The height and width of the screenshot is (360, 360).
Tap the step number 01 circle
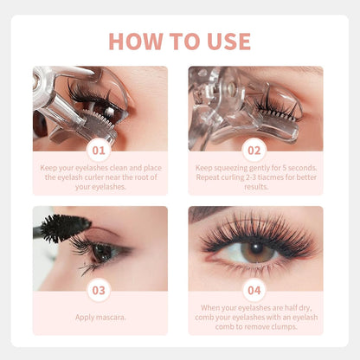(100, 151)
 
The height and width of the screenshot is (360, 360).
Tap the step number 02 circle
(255, 151)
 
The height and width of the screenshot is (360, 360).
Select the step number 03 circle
(100, 291)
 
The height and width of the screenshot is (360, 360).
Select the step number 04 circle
(255, 291)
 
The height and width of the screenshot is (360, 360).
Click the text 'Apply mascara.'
(100, 317)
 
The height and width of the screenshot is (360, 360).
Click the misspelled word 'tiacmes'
(277, 177)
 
